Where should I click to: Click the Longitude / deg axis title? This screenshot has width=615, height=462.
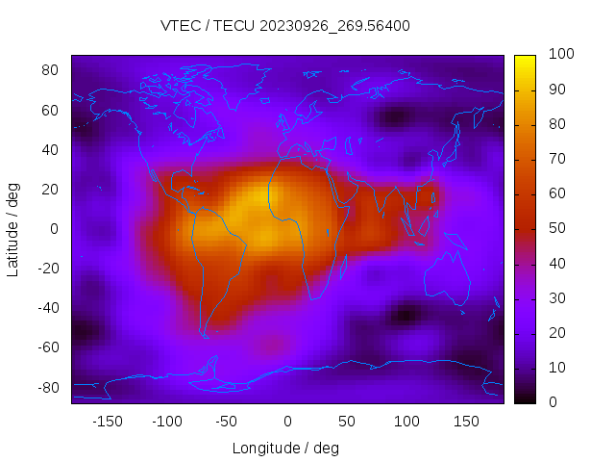coord(285,448)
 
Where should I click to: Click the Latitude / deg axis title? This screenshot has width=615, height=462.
coord(12,229)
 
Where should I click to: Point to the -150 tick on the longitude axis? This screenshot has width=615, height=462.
coord(107,421)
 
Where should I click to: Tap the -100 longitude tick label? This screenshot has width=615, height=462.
coord(166,421)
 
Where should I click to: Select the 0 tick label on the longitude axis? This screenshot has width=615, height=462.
coord(286,421)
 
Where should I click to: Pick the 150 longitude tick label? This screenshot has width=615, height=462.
coord(466,421)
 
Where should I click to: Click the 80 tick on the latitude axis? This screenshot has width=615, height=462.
coord(51,70)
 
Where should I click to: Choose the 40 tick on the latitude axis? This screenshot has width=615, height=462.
coord(51,149)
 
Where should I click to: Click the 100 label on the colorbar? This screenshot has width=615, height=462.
coord(560,55)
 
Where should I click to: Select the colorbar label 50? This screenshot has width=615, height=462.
coord(555,228)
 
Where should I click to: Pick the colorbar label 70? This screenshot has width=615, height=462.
coord(555,159)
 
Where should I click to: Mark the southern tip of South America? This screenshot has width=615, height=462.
coord(205,336)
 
